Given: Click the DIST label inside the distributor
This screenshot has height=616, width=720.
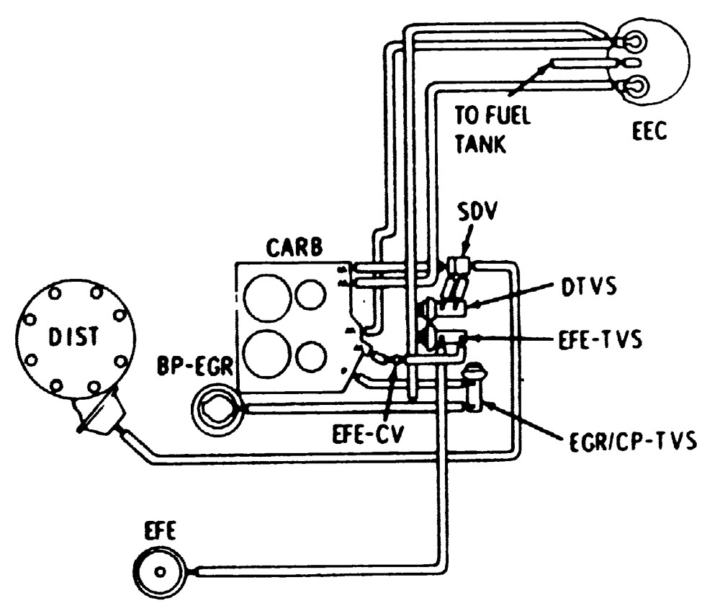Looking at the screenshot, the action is point(73,336).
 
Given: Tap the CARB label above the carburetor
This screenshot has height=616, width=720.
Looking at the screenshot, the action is point(294,248).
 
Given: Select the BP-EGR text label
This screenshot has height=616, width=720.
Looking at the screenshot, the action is point(195,366).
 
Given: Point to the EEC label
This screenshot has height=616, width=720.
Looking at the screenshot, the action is point(649,131).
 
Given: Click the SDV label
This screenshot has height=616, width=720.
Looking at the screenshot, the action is point(477,211).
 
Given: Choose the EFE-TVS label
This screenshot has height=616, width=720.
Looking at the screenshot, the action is point(600,340).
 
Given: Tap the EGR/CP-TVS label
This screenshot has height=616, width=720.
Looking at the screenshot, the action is point(633,441).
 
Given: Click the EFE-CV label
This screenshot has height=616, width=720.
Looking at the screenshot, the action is point(367,434).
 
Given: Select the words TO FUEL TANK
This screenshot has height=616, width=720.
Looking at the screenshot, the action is point(492,130).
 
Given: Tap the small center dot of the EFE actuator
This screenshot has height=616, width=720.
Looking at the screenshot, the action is point(160,572).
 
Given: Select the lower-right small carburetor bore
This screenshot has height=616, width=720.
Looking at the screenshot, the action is point(311,356).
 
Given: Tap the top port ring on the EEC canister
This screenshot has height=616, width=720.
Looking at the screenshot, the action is point(634,40).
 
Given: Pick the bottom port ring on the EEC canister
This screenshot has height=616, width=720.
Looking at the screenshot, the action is point(634,86).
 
